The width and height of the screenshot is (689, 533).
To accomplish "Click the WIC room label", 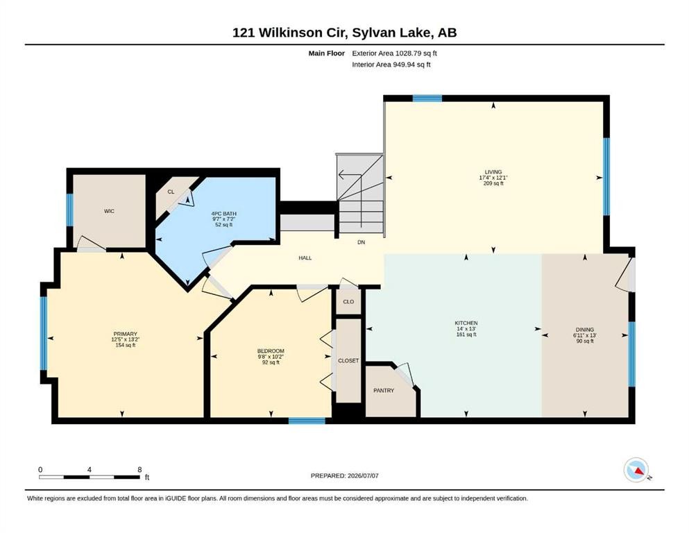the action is click(x=109, y=212).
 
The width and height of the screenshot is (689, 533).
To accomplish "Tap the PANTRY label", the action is click(x=384, y=391).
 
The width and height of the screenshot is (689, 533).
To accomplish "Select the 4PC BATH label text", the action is click(x=223, y=214).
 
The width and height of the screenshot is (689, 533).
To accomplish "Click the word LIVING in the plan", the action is click(x=493, y=172).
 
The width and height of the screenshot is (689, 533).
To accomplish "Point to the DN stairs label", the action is click(x=361, y=242).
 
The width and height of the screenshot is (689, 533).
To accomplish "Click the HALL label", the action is click(x=305, y=258).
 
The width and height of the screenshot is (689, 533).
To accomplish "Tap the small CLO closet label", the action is click(x=348, y=302).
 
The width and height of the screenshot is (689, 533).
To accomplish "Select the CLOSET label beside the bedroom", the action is click(x=348, y=361).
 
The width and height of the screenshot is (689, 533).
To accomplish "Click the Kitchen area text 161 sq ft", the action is click(x=466, y=335).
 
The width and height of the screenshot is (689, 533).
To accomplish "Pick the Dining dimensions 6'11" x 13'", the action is click(x=584, y=335).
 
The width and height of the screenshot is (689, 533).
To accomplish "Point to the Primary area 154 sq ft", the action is click(x=125, y=346).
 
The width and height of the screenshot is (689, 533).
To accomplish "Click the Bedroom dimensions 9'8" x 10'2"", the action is click(x=271, y=357).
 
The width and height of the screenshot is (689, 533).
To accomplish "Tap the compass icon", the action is click(x=636, y=470).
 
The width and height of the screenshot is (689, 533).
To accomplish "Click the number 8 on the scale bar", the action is click(x=139, y=469).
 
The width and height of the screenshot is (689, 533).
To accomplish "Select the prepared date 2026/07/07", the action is click(x=363, y=475).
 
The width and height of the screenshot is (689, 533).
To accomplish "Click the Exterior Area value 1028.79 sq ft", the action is click(x=416, y=53).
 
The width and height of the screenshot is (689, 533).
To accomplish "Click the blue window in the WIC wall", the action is click(x=70, y=210).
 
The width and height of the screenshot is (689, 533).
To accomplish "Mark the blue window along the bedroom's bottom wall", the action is click(x=307, y=421).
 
